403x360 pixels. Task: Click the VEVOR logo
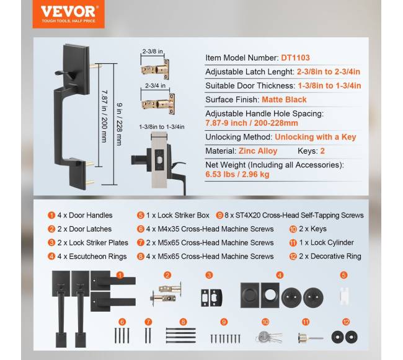(68, 14)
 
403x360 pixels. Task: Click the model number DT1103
(295, 58)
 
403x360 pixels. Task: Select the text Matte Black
(284, 100)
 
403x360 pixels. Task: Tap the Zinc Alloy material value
(258, 151)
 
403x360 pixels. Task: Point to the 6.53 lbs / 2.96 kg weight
(237, 174)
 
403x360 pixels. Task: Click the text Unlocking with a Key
(316, 137)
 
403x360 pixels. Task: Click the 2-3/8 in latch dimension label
(153, 51)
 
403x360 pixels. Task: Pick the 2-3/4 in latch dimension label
(155, 86)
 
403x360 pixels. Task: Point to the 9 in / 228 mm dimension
(119, 125)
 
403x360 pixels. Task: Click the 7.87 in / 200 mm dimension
(104, 116)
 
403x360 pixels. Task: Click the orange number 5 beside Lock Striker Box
(141, 215)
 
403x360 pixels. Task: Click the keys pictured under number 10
(269, 337)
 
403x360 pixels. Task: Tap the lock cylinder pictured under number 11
(311, 338)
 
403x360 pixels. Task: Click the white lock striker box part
(343, 296)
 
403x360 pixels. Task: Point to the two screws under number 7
(148, 335)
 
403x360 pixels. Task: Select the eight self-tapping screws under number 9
(226, 339)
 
